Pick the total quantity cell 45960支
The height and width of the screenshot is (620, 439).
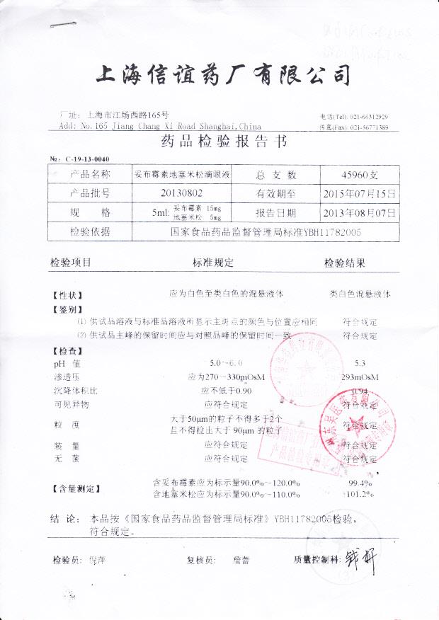click(x=360, y=175)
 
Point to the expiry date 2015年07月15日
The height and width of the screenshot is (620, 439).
click(x=360, y=193)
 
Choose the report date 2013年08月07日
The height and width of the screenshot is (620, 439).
click(x=360, y=212)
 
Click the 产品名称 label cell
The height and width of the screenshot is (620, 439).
click(x=90, y=174)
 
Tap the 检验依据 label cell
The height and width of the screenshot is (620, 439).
click(x=90, y=231)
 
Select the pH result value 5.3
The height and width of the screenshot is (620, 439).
click(x=359, y=363)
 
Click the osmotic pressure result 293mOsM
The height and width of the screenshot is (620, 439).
click(x=360, y=377)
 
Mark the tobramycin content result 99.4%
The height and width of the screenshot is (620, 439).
click(x=360, y=483)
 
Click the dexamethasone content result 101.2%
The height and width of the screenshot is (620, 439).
click(x=360, y=493)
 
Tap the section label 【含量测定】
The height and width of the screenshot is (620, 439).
click(x=76, y=488)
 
